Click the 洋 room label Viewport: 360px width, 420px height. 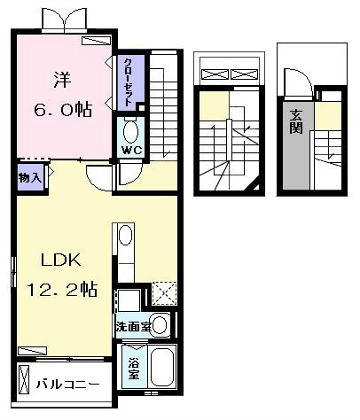[x=62, y=80]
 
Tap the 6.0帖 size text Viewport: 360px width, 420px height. [x=63, y=109]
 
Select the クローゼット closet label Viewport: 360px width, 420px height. [x=128, y=82]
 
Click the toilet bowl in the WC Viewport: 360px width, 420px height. [x=130, y=132]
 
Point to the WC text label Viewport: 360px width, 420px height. [x=132, y=151]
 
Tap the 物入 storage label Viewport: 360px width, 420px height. [x=30, y=178]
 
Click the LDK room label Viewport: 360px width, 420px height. [x=60, y=261]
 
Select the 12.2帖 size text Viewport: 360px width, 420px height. [x=62, y=289]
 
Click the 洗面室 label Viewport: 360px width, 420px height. [x=133, y=326]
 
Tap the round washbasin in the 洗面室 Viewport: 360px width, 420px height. [x=160, y=325]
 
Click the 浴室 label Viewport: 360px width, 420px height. [x=134, y=369]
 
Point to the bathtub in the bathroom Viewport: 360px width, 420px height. [x=162, y=367]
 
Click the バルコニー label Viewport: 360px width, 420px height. [x=68, y=385]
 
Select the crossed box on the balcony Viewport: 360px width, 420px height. [x=24, y=379]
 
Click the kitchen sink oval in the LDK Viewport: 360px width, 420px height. [x=126, y=236]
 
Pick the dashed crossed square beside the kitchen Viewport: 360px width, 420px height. [x=165, y=293]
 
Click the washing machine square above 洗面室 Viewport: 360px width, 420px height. [x=129, y=300]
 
